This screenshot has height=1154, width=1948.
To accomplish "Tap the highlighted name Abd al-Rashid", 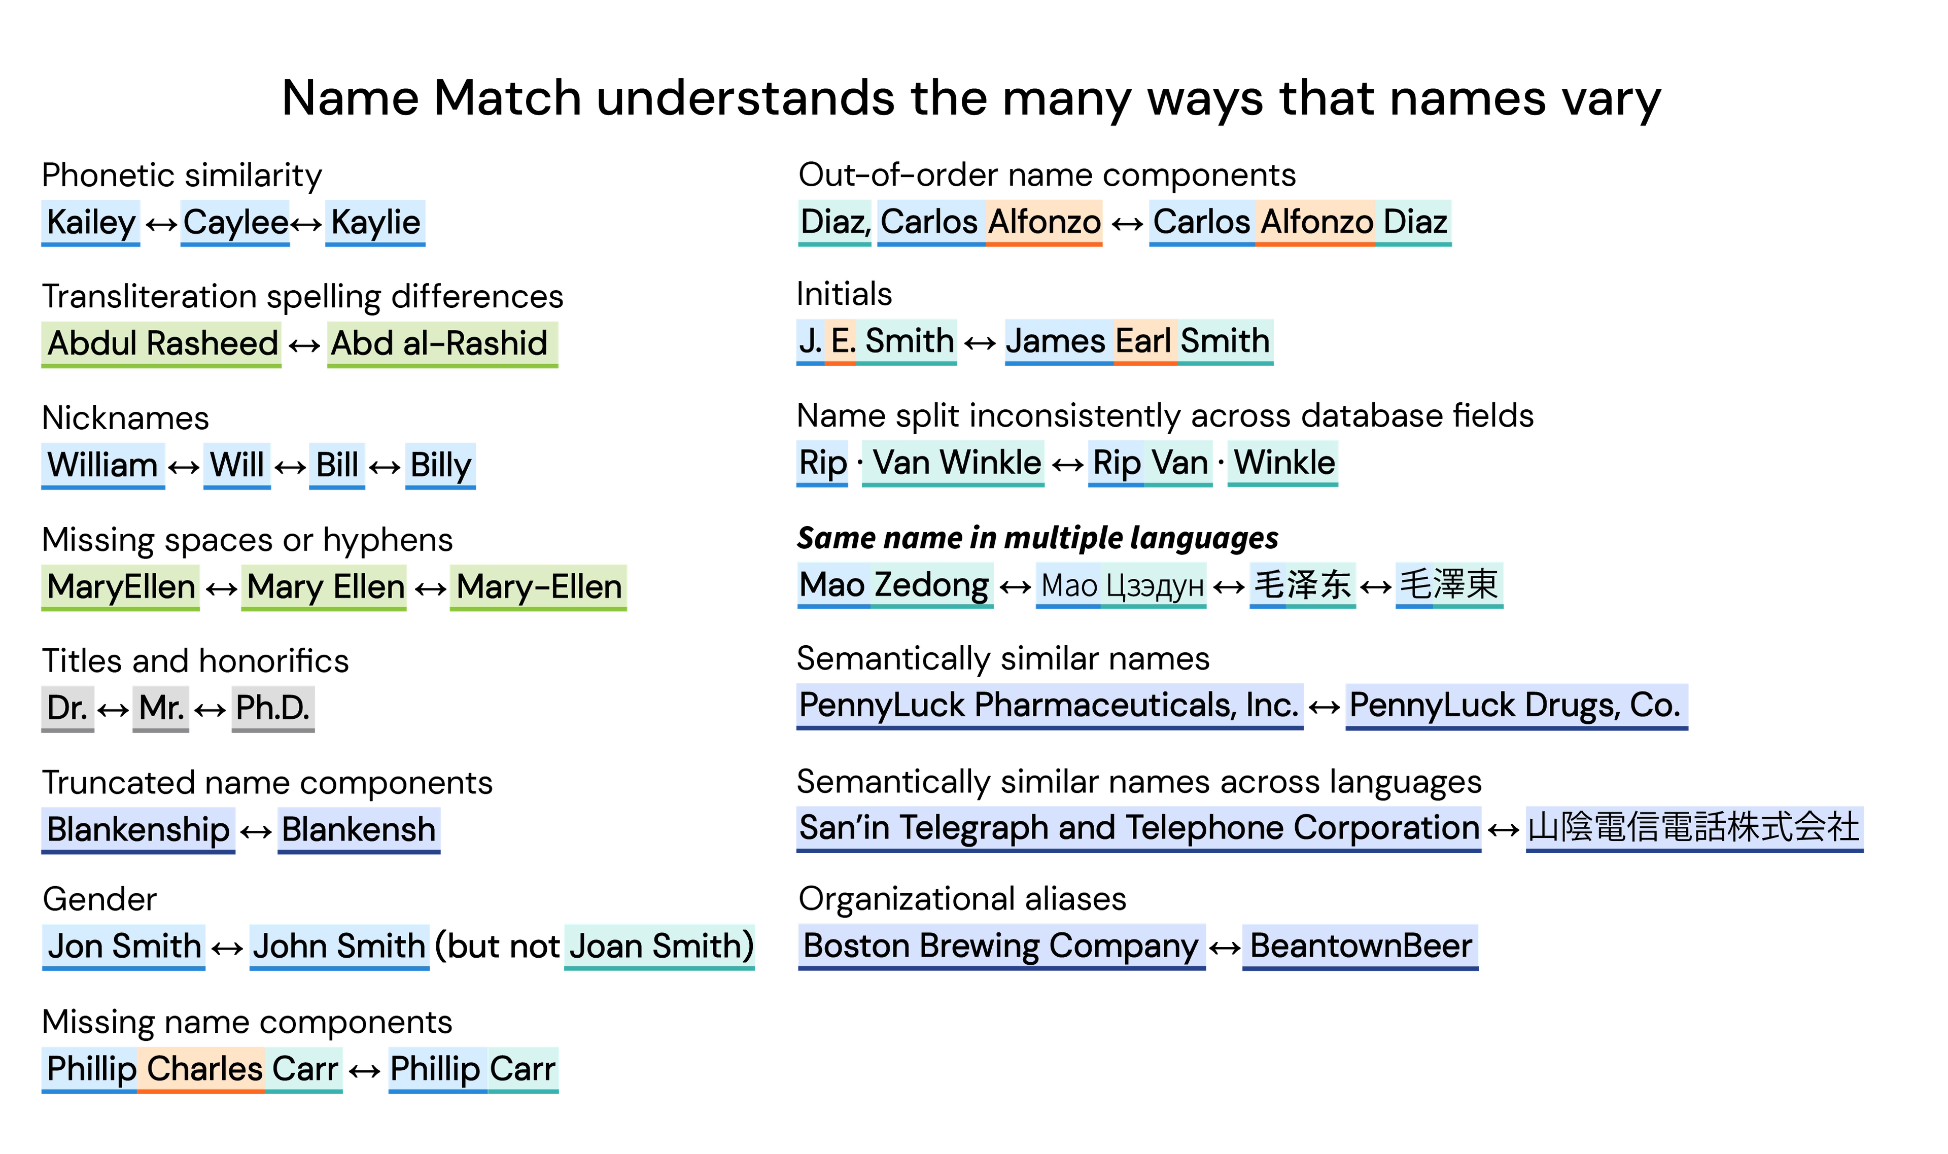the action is pyautogui.click(x=442, y=344).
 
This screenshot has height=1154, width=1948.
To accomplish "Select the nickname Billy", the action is pyautogui.click(x=440, y=466).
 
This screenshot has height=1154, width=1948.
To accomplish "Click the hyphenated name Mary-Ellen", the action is pyautogui.click(x=538, y=587).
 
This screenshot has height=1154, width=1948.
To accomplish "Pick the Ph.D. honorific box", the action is pyautogui.click(x=273, y=709).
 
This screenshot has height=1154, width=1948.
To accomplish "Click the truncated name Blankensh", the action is pyautogui.click(x=359, y=830).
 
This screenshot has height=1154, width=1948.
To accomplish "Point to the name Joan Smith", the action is pyautogui.click(x=659, y=947).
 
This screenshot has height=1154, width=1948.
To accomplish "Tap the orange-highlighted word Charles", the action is pyautogui.click(x=201, y=1069).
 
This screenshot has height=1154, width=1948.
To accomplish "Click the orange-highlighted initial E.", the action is pyautogui.click(x=840, y=341).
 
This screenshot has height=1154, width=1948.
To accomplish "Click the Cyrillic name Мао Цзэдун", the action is pyautogui.click(x=1121, y=585).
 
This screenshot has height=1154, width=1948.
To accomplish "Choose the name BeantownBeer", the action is pyautogui.click(x=1360, y=947).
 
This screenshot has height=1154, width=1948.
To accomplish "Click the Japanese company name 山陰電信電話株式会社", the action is pyautogui.click(x=1694, y=828).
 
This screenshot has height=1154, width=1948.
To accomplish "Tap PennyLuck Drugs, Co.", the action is pyautogui.click(x=1516, y=706).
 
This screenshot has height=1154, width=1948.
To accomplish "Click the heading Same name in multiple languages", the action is pyautogui.click(x=1037, y=538).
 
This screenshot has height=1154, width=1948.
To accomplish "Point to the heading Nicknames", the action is pyautogui.click(x=125, y=418).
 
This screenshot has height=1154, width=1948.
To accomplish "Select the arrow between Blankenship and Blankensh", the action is pyautogui.click(x=256, y=832).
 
